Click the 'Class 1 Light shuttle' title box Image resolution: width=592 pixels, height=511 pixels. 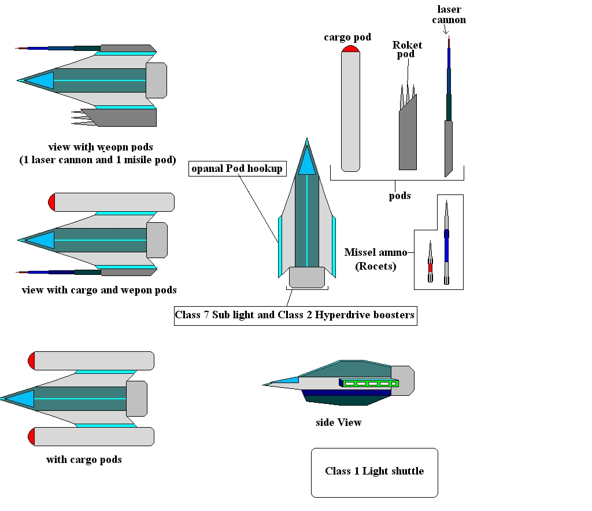(374, 472)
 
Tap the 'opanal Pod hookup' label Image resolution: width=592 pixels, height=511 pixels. (237, 168)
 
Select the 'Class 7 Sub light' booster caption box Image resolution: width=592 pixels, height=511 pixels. (295, 315)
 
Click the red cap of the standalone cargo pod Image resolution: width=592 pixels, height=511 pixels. (351, 49)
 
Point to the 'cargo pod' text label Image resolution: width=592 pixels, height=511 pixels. (347, 37)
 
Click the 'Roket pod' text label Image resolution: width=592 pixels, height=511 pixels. (407, 50)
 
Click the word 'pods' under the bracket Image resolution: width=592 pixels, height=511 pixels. (399, 195)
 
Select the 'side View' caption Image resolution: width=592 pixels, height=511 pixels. (338, 422)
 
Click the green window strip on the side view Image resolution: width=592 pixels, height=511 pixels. (370, 383)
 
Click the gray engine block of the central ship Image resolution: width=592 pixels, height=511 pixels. (306, 277)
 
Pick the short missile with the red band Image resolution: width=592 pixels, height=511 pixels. (430, 264)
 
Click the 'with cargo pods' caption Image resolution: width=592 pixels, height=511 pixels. (84, 460)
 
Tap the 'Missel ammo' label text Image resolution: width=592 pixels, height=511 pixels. (376, 252)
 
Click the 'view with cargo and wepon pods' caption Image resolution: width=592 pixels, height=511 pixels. (99, 290)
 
